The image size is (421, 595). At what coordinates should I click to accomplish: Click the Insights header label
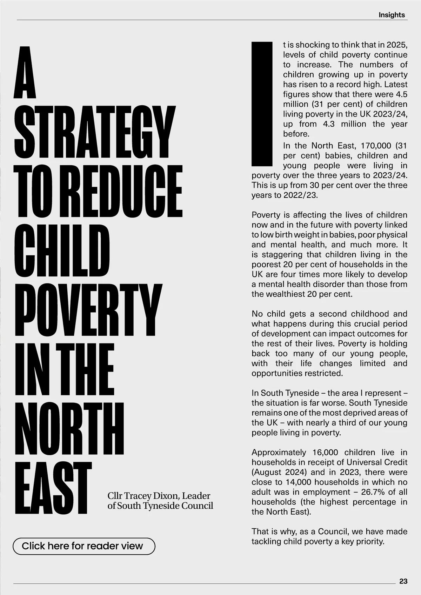[x=392, y=15]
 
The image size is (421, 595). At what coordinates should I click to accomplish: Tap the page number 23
[x=403, y=581]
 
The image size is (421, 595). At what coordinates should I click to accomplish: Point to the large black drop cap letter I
[x=262, y=104]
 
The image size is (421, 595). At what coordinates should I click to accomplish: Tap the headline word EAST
[x=53, y=488]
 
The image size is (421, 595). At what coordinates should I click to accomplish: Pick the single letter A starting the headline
[x=25, y=73]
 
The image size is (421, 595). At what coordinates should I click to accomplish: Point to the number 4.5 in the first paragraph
[x=401, y=94]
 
